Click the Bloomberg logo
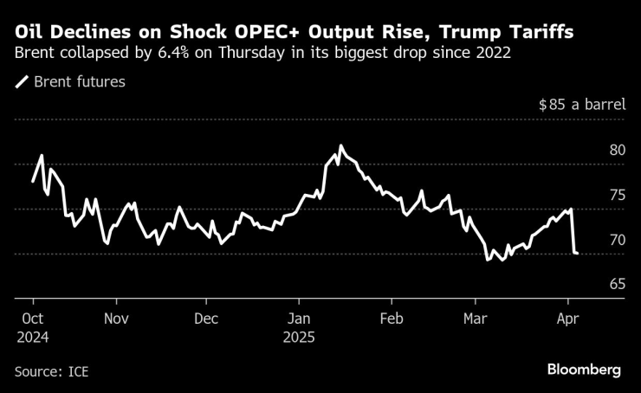pos(584,370)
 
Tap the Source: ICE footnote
pos(52,371)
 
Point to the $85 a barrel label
pos(581,105)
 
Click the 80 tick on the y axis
pos(617,150)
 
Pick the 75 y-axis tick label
pos(617,195)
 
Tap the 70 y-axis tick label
pos(617,240)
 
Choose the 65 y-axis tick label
pos(617,285)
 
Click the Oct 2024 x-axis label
pos(33,326)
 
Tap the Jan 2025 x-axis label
pos(300,326)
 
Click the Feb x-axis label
pos(392,318)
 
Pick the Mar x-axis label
pos(476,318)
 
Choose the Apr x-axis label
pos(567,318)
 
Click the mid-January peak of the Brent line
pos(341,145)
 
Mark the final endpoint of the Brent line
pos(578,253)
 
